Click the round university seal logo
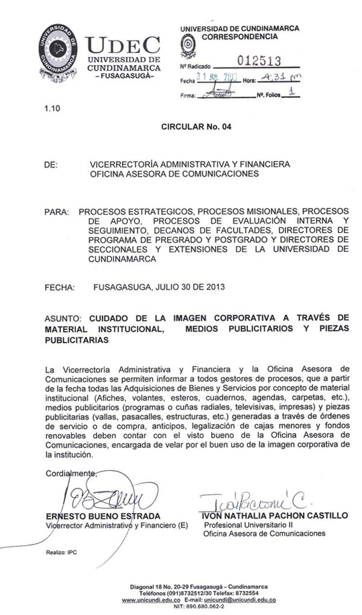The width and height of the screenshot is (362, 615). tap(58, 53)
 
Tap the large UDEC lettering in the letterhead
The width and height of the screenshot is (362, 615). tap(122, 45)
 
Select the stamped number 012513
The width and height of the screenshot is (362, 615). tap(259, 61)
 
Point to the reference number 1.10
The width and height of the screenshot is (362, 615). tap(52, 109)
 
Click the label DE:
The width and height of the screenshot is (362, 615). tap(51, 164)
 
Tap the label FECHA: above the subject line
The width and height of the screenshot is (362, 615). tap(60, 287)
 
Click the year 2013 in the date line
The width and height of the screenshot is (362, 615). tap(215, 287)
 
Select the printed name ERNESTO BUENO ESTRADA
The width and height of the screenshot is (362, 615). tap(103, 516)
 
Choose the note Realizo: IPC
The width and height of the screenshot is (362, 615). tap(62, 552)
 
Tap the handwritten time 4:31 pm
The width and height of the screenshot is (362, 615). tap(282, 78)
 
